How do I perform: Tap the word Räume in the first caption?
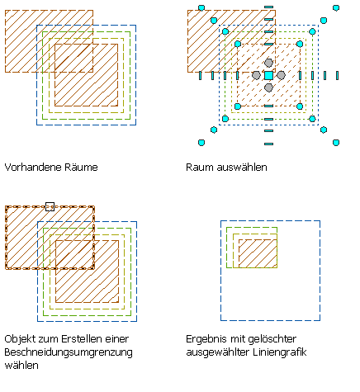pos(81,168)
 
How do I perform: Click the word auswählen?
pos(242,168)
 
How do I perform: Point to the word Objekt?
pos(20,339)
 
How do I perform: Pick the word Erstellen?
pos(82,339)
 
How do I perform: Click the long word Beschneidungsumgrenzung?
pos(69,352)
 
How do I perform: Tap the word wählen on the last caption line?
pos(21,366)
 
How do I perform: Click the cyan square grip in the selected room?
pos(268,75)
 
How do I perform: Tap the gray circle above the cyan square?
pos(268,63)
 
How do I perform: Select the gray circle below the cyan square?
pos(268,87)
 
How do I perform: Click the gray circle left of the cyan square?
pos(256,75)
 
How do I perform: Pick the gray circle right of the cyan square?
pos(281,75)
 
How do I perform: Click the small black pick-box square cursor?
pos(50,206)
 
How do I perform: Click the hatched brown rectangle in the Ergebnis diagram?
pos(258,253)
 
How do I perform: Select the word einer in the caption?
pos(117,339)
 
